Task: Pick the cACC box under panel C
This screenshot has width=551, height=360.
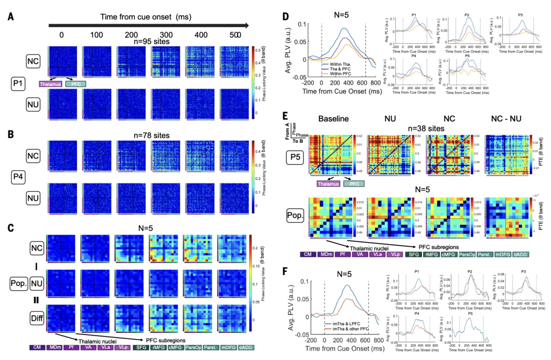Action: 246,348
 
